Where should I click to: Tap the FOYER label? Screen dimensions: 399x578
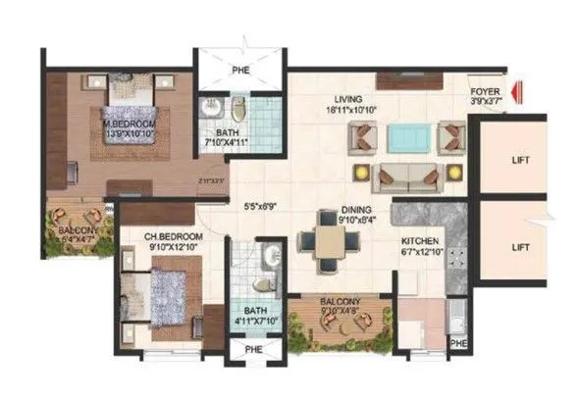click(x=484, y=90)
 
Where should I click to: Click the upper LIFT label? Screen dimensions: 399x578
click(x=521, y=159)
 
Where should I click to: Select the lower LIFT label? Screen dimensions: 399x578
click(x=521, y=249)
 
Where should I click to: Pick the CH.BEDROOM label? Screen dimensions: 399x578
click(x=174, y=238)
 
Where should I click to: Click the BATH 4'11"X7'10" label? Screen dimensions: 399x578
click(x=254, y=311)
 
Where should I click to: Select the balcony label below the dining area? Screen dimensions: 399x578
click(x=339, y=302)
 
